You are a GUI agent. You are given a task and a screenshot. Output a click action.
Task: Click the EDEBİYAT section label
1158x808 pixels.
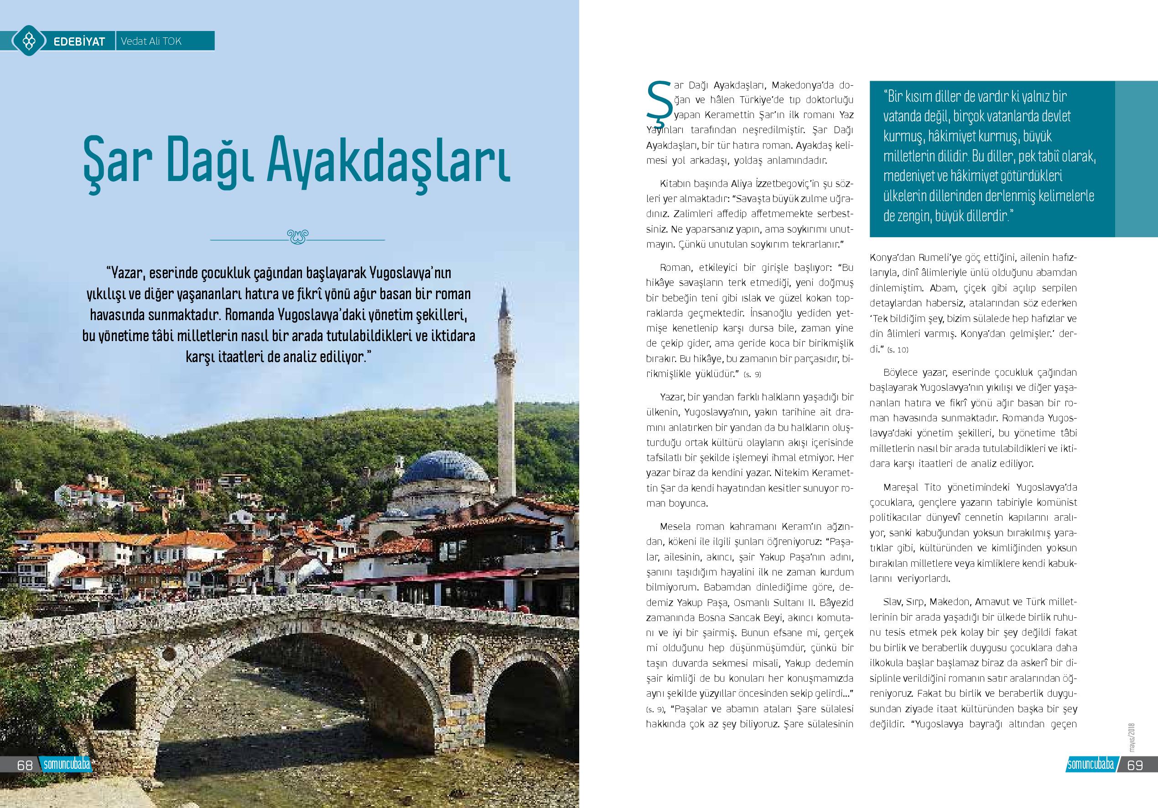coord(79,41)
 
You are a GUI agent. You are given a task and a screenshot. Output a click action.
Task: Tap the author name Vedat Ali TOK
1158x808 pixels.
coord(151,41)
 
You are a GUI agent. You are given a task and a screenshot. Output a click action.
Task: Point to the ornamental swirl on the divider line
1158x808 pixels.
coord(297,236)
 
